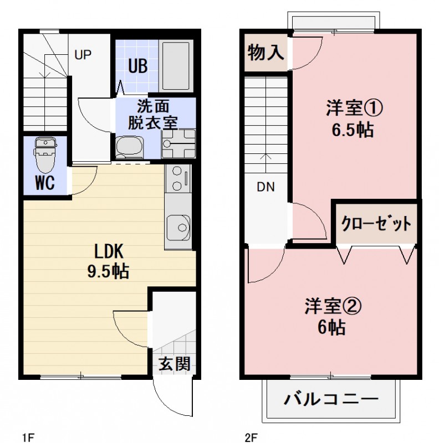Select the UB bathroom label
(137, 66)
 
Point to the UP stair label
(83, 55)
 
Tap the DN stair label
(266, 187)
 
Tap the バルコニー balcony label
(331, 399)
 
